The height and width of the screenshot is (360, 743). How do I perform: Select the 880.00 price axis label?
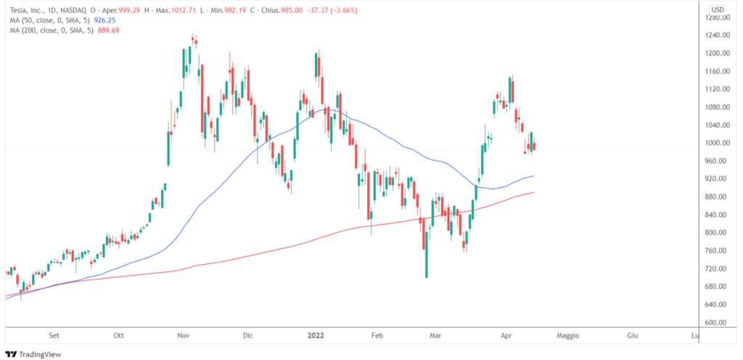(x=718, y=197)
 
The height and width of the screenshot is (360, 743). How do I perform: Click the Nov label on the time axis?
(x=184, y=336)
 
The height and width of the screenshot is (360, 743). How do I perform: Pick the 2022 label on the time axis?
(x=314, y=336)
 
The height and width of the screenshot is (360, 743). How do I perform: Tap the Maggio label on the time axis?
(x=568, y=336)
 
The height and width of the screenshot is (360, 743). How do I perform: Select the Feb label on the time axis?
(x=377, y=336)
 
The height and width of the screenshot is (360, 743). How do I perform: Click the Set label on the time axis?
(x=53, y=336)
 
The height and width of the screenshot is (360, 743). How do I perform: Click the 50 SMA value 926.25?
(x=106, y=21)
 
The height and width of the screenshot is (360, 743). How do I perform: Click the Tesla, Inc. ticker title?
(x=25, y=9)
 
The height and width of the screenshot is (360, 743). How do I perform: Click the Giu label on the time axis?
(x=632, y=336)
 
